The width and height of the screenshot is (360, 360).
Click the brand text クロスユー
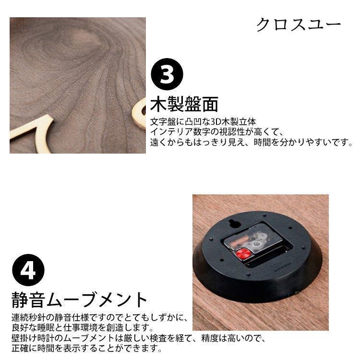pos(298,24)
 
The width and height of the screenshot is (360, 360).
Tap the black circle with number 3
pos(167,74)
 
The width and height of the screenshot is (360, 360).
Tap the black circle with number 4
pos(28,270)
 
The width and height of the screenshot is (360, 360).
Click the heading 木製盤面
pos(184,104)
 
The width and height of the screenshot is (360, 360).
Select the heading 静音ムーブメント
pos(79,300)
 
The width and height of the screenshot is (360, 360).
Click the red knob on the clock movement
pos(243,254)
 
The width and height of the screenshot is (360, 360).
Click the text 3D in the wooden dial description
pos(216,121)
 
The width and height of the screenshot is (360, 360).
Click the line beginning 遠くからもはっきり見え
pos(252,143)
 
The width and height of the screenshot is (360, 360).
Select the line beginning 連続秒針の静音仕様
pos(99,318)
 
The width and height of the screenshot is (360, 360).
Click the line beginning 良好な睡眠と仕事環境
pos(82,328)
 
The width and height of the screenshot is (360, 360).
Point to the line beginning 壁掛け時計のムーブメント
pos(138,338)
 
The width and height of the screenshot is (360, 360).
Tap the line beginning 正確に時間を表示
pos(87,348)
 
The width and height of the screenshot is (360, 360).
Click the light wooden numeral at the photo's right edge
pos(139,113)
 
